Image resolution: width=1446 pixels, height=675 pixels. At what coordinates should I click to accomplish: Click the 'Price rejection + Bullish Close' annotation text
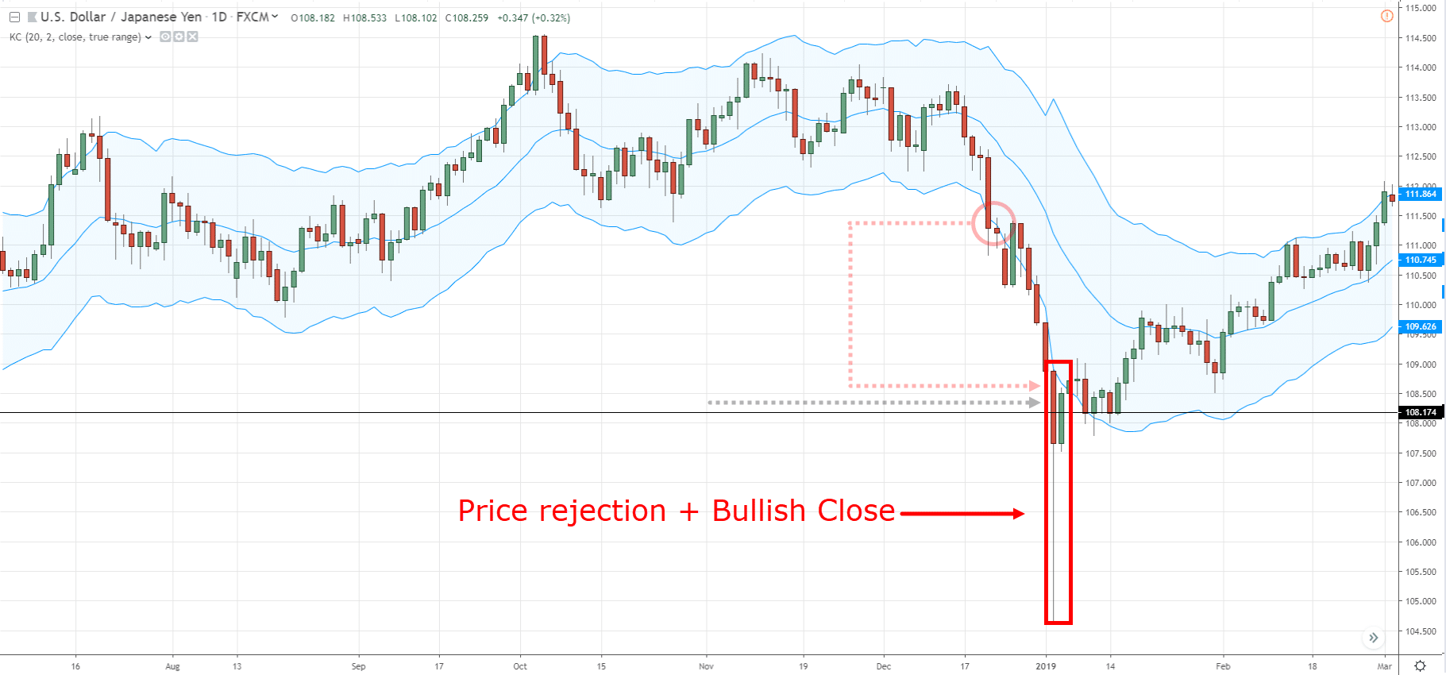click(x=676, y=511)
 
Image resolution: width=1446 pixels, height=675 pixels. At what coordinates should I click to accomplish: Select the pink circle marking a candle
click(x=993, y=223)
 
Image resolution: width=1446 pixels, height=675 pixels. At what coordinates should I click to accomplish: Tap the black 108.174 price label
click(x=1420, y=412)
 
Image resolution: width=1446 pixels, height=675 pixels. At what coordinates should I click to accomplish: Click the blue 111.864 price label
click(x=1420, y=194)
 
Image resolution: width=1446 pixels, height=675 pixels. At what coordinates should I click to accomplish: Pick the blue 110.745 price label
click(x=1420, y=260)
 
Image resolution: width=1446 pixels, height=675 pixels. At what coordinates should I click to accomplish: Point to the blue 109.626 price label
click(x=1420, y=326)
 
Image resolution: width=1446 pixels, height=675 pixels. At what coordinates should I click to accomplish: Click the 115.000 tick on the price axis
click(x=1421, y=8)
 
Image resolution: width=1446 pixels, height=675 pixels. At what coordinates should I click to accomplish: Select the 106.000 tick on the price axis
click(x=1421, y=542)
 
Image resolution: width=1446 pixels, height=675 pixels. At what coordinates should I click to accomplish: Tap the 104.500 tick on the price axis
click(x=1421, y=631)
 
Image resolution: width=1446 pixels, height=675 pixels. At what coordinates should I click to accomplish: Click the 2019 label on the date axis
click(x=1046, y=666)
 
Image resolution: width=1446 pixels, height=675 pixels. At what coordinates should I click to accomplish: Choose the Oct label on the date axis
click(x=520, y=666)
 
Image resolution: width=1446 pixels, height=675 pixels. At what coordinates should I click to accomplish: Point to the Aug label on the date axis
click(x=172, y=666)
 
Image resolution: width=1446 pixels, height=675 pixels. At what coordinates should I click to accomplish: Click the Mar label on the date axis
click(x=1384, y=666)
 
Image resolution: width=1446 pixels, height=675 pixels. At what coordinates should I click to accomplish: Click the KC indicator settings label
click(x=75, y=37)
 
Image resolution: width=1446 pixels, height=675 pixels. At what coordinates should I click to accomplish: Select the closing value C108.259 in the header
click(x=467, y=17)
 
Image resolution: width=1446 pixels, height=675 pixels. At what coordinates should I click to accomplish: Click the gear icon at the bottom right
click(x=1420, y=665)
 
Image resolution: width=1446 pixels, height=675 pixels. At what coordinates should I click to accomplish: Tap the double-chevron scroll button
click(x=1373, y=638)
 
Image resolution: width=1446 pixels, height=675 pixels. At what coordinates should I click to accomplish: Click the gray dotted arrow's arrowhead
click(x=1033, y=403)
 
